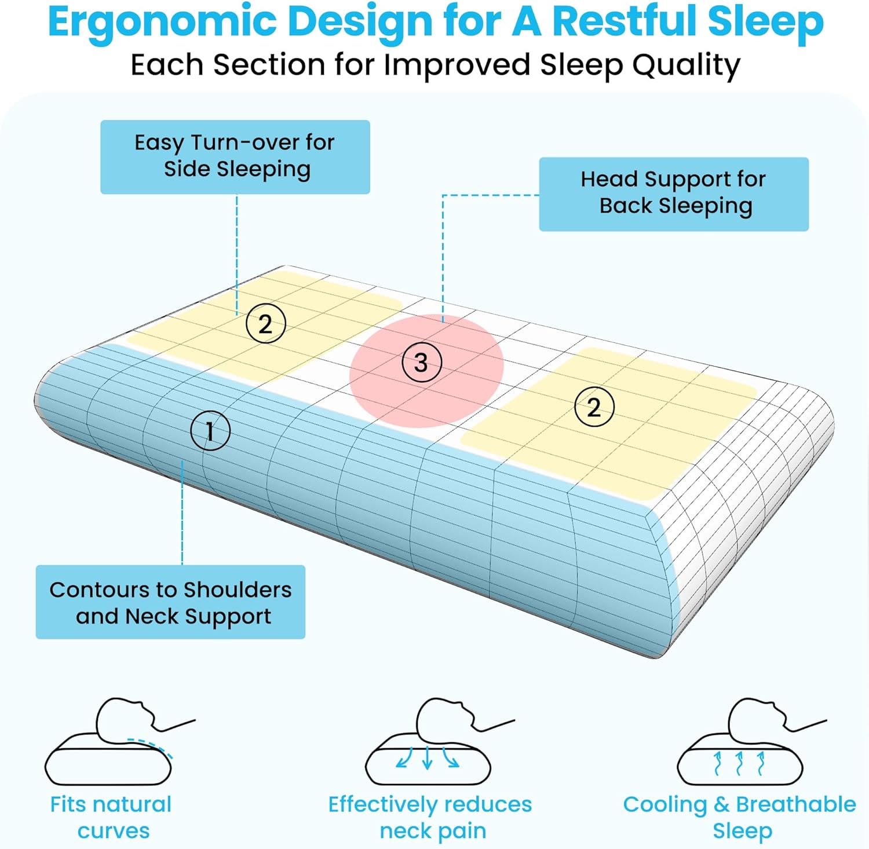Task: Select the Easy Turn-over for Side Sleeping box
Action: pyautogui.click(x=235, y=157)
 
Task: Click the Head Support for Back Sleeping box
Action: pyautogui.click(x=674, y=194)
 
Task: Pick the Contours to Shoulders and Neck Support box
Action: pyautogui.click(x=170, y=602)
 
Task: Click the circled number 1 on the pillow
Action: pyautogui.click(x=210, y=431)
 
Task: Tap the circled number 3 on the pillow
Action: pyautogui.click(x=422, y=363)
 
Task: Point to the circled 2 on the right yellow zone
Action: pyautogui.click(x=594, y=407)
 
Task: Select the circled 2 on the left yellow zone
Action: pyautogui.click(x=266, y=323)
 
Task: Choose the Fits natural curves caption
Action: pyautogui.click(x=111, y=817)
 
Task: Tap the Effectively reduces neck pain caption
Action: pyautogui.click(x=430, y=817)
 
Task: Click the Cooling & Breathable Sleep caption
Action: pyautogui.click(x=740, y=817)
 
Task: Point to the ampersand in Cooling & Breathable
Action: pyautogui.click(x=721, y=804)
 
